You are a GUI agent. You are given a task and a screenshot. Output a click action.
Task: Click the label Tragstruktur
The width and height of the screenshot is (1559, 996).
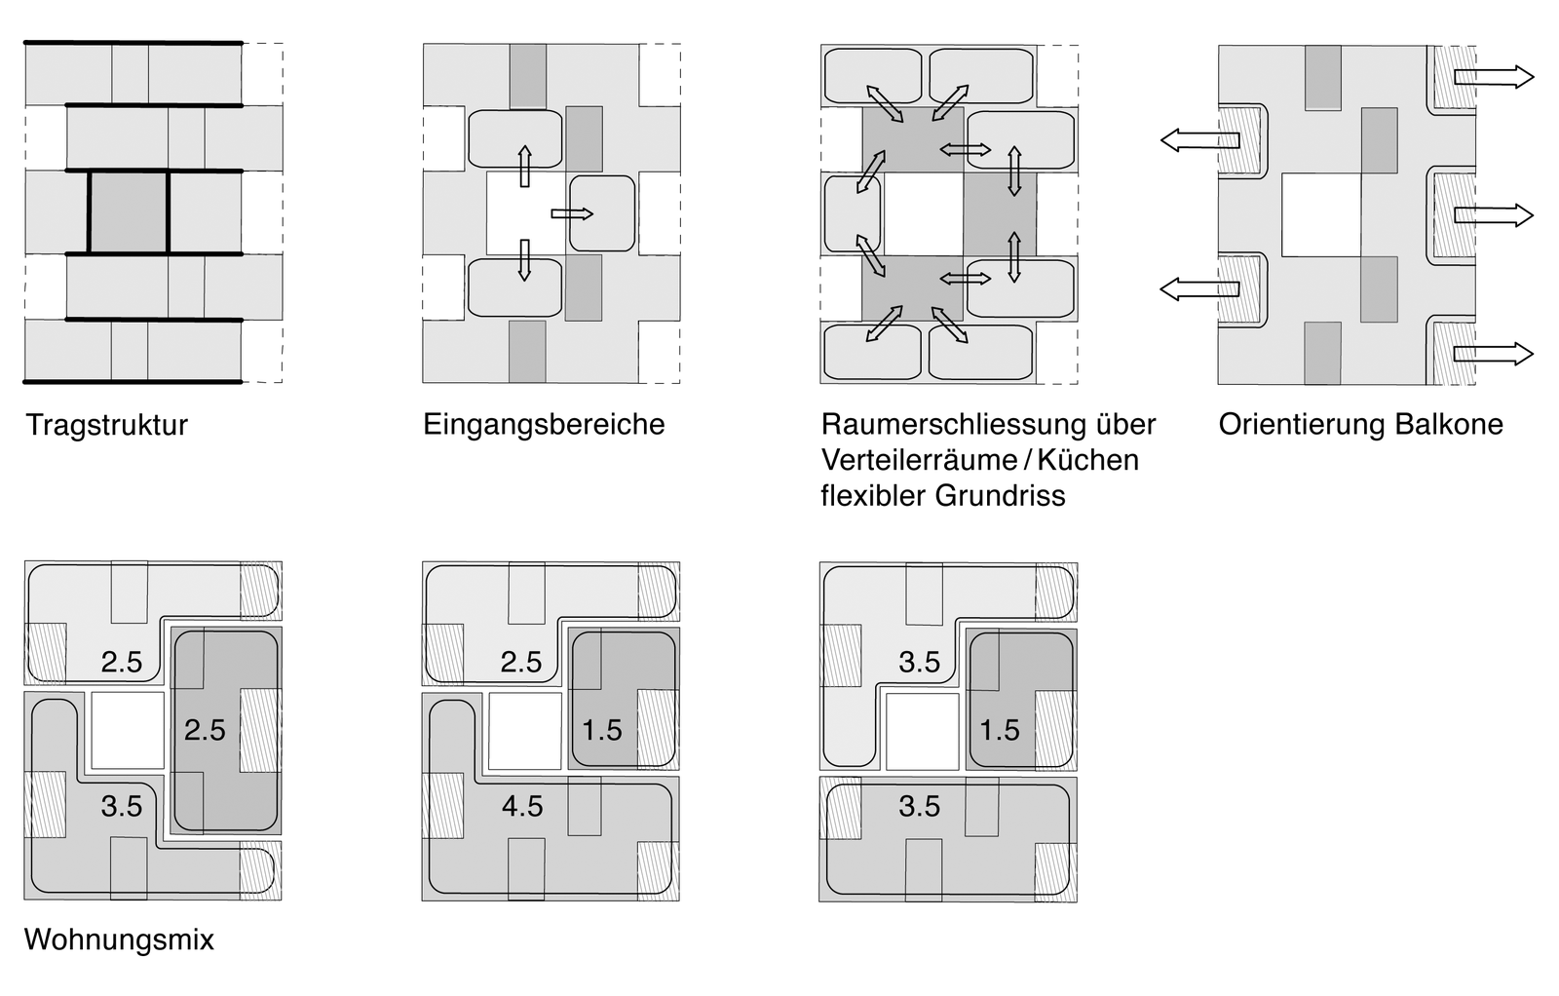106,425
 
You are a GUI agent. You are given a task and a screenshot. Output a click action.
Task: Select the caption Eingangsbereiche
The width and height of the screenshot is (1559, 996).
544,425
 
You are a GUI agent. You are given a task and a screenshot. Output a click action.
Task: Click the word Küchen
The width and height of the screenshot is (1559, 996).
1088,460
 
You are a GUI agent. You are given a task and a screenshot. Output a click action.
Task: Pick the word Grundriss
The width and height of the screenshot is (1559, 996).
1000,495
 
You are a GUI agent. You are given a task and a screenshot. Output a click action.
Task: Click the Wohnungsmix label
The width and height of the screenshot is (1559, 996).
119,939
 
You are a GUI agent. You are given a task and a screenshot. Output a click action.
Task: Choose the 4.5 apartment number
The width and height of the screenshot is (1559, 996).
522,806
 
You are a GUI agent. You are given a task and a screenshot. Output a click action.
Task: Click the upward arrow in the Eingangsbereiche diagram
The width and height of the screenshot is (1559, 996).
525,166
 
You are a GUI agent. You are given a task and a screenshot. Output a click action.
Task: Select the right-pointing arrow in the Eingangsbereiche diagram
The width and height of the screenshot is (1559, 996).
572,213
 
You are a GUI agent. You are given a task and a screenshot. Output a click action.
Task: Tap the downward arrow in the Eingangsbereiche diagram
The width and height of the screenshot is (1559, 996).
525,259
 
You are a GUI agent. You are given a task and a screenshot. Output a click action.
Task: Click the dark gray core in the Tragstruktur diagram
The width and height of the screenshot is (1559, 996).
129,212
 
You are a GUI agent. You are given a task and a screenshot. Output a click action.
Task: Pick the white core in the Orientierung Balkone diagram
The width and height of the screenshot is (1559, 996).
1320,214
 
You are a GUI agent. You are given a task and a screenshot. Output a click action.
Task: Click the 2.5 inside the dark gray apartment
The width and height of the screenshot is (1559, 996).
205,730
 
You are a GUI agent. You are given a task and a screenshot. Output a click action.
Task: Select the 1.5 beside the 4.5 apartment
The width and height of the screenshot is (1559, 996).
602,730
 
